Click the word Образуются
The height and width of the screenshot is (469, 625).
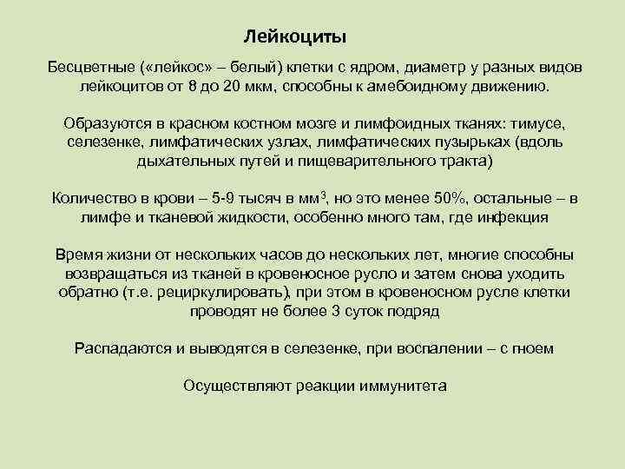(x=102, y=122)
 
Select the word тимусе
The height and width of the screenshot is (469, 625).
(x=534, y=122)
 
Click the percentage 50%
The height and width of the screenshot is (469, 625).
(x=440, y=198)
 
